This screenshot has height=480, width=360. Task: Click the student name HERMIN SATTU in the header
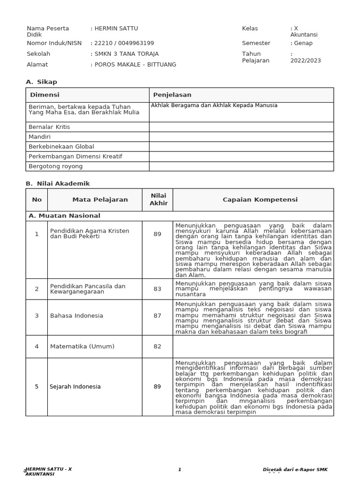[x=116, y=29]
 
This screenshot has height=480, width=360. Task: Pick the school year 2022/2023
[x=306, y=60]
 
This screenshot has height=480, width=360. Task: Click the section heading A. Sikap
[x=41, y=82]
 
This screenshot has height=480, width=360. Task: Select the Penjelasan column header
[x=172, y=95]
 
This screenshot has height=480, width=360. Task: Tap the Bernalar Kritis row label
[x=49, y=127]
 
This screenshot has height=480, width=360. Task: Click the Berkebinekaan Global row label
[x=61, y=147]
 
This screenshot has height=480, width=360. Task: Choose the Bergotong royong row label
[x=55, y=166]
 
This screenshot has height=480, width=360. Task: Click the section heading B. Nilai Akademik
[x=58, y=184]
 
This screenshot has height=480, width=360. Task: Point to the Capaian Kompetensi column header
[x=253, y=200]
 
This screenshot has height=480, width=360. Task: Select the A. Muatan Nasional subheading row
[x=64, y=216]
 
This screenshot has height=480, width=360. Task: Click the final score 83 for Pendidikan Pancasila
[x=157, y=289]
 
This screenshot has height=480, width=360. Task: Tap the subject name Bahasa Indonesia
[x=76, y=316]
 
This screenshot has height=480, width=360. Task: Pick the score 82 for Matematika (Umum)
[x=157, y=347]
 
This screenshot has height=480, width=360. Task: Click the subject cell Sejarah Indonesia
[x=75, y=387]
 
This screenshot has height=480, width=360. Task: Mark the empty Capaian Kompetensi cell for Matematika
[x=253, y=347]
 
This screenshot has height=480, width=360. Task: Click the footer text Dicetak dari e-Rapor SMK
[x=295, y=470]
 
